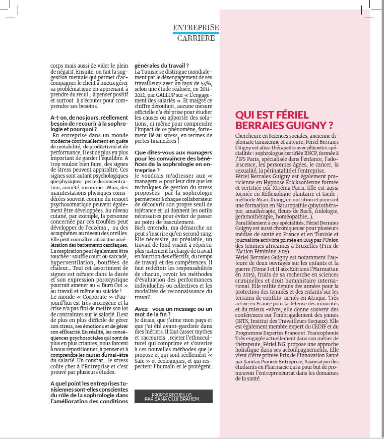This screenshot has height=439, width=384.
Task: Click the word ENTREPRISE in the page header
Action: click(196, 28)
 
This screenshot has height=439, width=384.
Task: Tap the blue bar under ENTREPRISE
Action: click(196, 33)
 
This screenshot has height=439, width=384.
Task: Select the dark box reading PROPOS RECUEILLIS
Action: click(173, 396)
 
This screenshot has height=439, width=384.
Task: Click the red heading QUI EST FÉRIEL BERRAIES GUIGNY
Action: click(285, 120)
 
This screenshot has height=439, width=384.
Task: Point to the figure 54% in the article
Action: click(206, 83)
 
